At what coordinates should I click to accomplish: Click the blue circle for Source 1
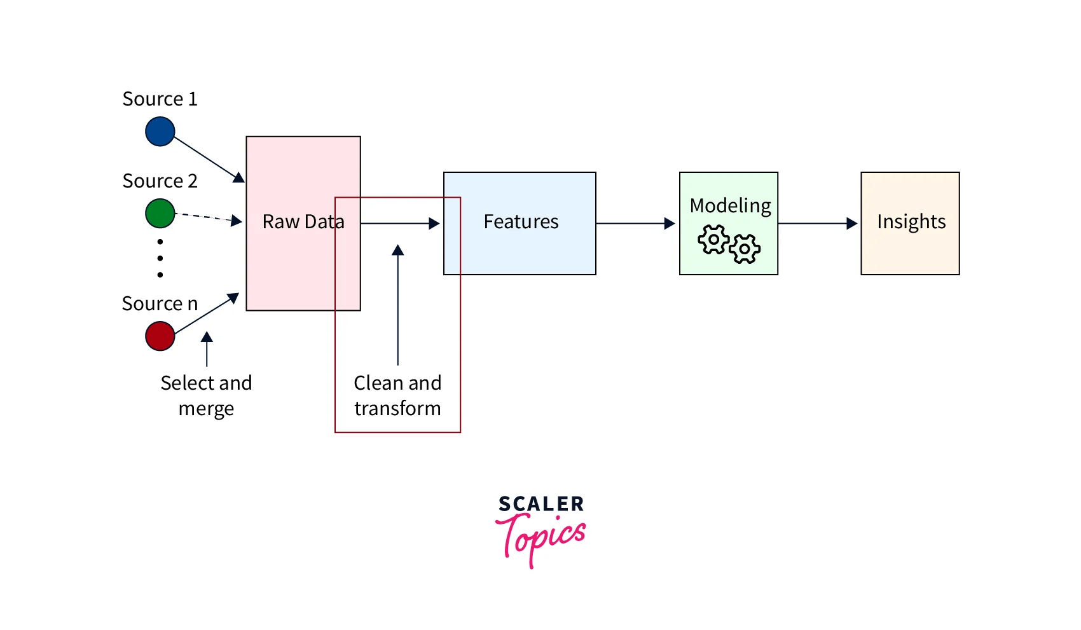click(160, 132)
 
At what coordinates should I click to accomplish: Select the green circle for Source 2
click(160, 214)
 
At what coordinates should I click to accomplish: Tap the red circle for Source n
click(160, 336)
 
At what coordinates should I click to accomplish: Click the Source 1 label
click(160, 99)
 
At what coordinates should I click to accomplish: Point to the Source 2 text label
click(160, 181)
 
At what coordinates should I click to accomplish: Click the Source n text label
click(160, 304)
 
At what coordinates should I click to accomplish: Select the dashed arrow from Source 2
click(207, 217)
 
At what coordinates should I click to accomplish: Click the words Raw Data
click(303, 222)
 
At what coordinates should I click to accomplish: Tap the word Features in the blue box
click(521, 222)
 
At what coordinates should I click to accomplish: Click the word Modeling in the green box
click(730, 206)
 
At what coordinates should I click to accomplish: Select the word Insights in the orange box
click(911, 222)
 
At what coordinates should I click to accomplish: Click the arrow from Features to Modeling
click(636, 224)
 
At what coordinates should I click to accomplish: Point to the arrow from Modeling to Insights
click(818, 224)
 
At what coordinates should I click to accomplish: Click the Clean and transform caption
click(397, 395)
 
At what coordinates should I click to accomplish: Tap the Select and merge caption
click(206, 395)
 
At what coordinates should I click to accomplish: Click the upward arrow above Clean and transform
click(398, 305)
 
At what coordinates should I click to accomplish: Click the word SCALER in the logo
click(541, 504)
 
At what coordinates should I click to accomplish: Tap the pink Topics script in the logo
click(541, 537)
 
